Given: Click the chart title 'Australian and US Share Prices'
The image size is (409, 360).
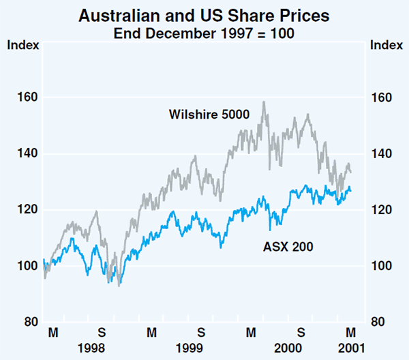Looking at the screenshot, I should (204, 14).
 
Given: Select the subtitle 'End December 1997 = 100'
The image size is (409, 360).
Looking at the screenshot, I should (204, 31).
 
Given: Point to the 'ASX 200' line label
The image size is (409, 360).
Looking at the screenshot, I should (288, 247).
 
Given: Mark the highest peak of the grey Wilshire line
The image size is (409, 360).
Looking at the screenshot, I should (264, 102).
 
